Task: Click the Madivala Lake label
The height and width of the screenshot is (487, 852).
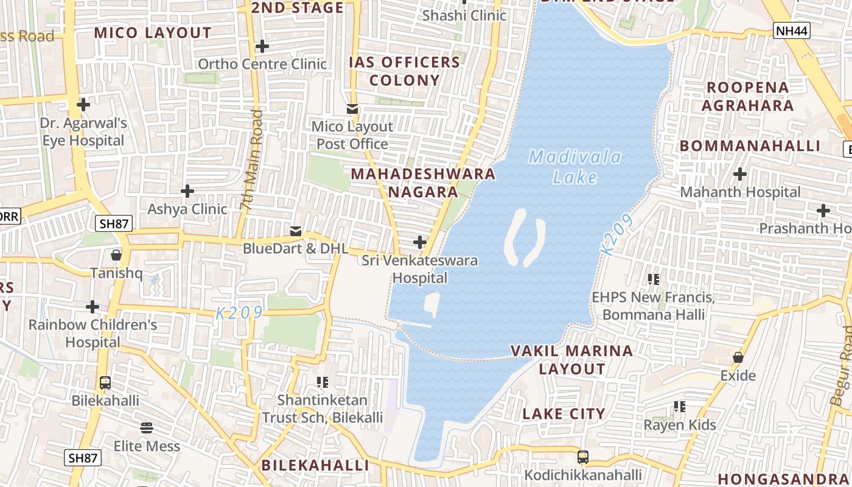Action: point(575,167)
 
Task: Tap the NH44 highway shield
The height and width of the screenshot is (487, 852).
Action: point(792,30)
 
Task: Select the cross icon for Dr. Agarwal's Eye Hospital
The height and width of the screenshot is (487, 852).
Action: point(83,105)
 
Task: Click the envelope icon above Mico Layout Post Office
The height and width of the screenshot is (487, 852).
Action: point(352,109)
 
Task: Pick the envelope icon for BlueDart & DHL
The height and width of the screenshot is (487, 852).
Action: point(296,231)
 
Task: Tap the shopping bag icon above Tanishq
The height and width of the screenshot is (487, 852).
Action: point(116,255)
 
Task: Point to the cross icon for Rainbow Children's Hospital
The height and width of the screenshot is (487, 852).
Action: point(93,306)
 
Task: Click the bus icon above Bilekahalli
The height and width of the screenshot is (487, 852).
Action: point(105,383)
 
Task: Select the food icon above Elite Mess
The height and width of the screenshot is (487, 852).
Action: point(147,428)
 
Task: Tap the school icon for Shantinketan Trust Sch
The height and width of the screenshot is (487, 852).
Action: point(323,382)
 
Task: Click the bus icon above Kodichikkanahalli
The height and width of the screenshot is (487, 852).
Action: point(583,457)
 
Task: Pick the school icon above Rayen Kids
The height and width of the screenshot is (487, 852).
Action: point(680,407)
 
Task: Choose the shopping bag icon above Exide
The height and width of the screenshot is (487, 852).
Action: point(738,357)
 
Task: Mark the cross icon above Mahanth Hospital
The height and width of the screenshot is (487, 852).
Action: point(740,174)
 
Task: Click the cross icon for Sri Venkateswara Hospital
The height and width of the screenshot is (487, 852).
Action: point(420,242)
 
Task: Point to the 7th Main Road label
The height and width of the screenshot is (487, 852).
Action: point(252,161)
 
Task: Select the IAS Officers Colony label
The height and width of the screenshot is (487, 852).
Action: point(404,71)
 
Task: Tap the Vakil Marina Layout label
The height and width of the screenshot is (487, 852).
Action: point(572,360)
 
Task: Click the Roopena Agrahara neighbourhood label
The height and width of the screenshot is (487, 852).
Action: point(748,96)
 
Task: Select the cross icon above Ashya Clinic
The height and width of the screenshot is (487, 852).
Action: point(187,191)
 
